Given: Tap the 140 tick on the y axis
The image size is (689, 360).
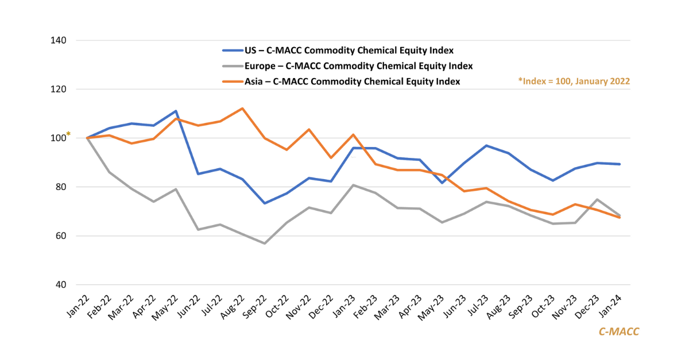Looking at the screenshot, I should (59, 41).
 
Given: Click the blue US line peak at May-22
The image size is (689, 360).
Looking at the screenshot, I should (176, 111).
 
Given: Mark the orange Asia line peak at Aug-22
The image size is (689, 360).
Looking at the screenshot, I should (242, 109).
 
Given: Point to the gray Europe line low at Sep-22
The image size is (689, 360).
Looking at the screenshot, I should (264, 243).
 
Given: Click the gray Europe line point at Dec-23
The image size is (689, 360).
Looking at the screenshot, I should (597, 199).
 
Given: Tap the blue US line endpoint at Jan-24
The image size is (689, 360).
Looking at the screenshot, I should (620, 164).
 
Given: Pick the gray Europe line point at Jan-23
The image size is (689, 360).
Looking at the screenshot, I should (353, 185).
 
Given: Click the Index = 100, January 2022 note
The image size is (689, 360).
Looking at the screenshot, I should (574, 82).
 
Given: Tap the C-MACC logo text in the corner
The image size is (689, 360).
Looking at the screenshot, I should (618, 331).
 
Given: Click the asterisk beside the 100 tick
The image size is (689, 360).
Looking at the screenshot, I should (68, 135).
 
